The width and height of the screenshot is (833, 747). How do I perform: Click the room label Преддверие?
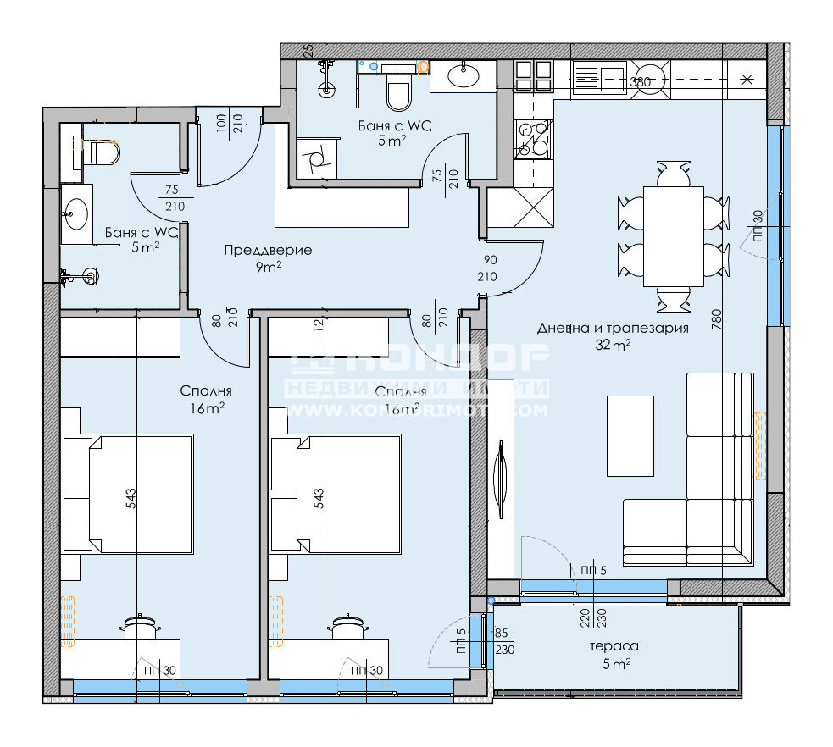pyautogui.click(x=268, y=250)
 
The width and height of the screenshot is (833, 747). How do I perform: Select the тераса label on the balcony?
pyautogui.click(x=614, y=646)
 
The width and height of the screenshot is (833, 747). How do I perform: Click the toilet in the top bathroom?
pyautogui.click(x=397, y=93)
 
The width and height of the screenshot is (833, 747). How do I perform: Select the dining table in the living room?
pyautogui.click(x=673, y=236)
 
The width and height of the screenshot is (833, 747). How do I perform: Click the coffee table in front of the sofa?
pyautogui.click(x=630, y=436)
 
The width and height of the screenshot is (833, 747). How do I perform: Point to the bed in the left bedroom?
pyautogui.click(x=127, y=494)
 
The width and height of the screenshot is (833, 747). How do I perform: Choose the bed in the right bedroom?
pyautogui.click(x=336, y=494)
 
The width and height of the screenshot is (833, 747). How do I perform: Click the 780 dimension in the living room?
pyautogui.click(x=717, y=321)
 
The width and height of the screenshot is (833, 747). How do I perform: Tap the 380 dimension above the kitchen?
pyautogui.click(x=641, y=81)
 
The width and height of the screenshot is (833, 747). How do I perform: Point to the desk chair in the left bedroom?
pyautogui.click(x=140, y=628)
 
